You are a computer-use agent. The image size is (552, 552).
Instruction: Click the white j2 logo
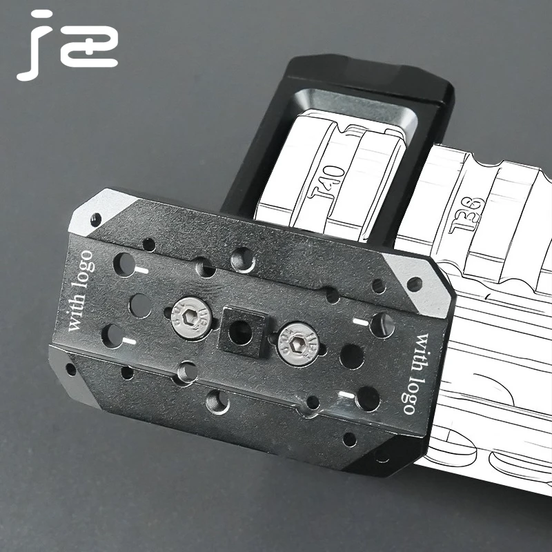67,46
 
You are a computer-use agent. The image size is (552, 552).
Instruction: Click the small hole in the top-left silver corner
95,219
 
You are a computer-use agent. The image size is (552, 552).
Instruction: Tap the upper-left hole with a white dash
124,264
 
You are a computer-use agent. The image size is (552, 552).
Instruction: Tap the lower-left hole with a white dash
112,336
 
